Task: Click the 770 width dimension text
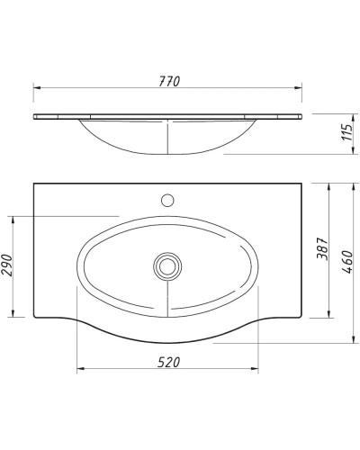tap(167, 81)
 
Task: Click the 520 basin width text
tap(167, 362)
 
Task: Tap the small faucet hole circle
tap(167, 198)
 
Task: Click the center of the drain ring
tap(167, 265)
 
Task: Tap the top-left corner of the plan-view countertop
tap(35, 184)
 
